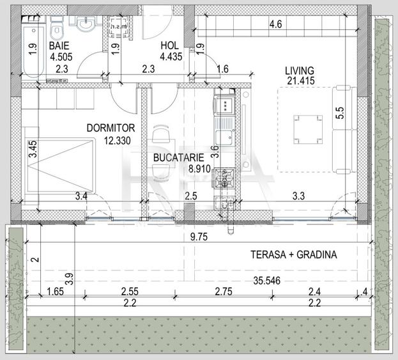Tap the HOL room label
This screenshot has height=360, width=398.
tap(169, 46)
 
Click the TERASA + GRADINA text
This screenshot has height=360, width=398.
tap(293, 254)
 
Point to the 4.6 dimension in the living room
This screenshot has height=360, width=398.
tap(275, 24)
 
